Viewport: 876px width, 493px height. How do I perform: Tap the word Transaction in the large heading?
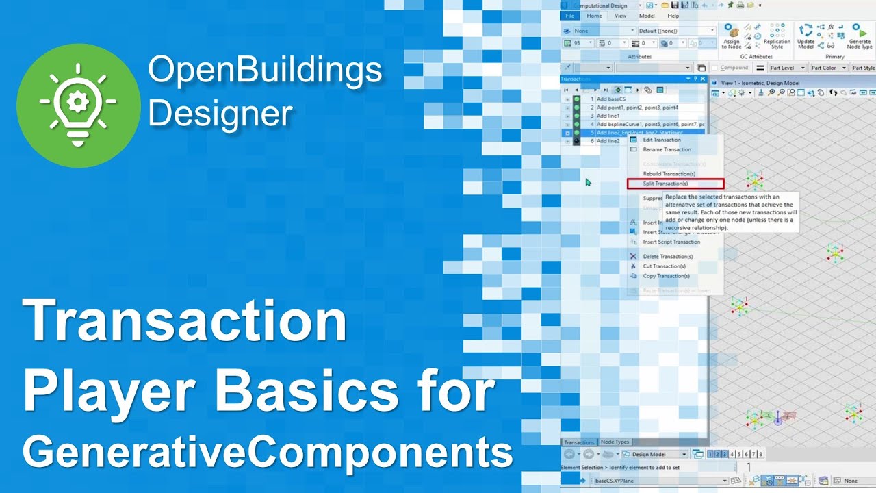[x=185, y=322]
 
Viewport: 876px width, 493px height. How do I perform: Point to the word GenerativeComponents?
[x=268, y=452]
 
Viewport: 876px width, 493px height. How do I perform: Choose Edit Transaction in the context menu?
[x=661, y=140]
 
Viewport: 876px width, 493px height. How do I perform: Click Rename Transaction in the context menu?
[x=667, y=149]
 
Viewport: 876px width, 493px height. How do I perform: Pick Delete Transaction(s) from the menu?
[x=667, y=257]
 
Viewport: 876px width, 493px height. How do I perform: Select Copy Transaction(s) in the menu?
[x=666, y=276]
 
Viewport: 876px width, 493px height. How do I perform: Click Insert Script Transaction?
[x=671, y=242]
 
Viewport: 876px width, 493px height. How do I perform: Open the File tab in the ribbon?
[x=568, y=16]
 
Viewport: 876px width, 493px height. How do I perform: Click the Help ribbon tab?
[x=673, y=16]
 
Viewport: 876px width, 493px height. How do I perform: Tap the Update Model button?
[x=806, y=36]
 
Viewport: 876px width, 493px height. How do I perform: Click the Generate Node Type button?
[x=860, y=36]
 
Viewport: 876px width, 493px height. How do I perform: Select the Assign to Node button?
[x=732, y=36]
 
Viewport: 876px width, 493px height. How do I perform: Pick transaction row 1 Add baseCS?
[x=608, y=99]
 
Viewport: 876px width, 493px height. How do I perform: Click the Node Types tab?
[x=615, y=442]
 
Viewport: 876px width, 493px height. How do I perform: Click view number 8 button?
[x=761, y=454]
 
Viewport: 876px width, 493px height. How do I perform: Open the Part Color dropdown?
[x=829, y=68]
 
